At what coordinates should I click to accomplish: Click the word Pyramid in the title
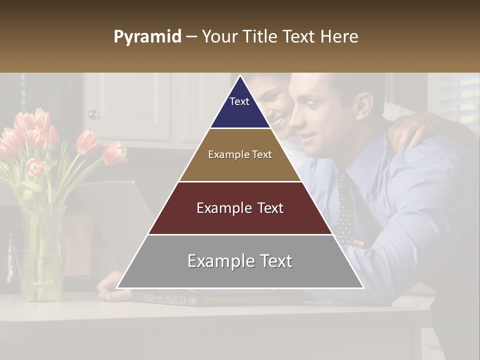point(147,37)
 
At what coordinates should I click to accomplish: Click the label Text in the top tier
point(239,101)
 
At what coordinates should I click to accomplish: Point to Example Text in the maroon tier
point(240,208)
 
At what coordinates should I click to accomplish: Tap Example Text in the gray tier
point(240,261)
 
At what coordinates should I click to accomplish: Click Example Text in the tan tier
point(240,154)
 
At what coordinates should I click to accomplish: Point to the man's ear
point(363,102)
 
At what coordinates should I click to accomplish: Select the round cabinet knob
point(93,114)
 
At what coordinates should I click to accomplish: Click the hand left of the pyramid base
point(107,287)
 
